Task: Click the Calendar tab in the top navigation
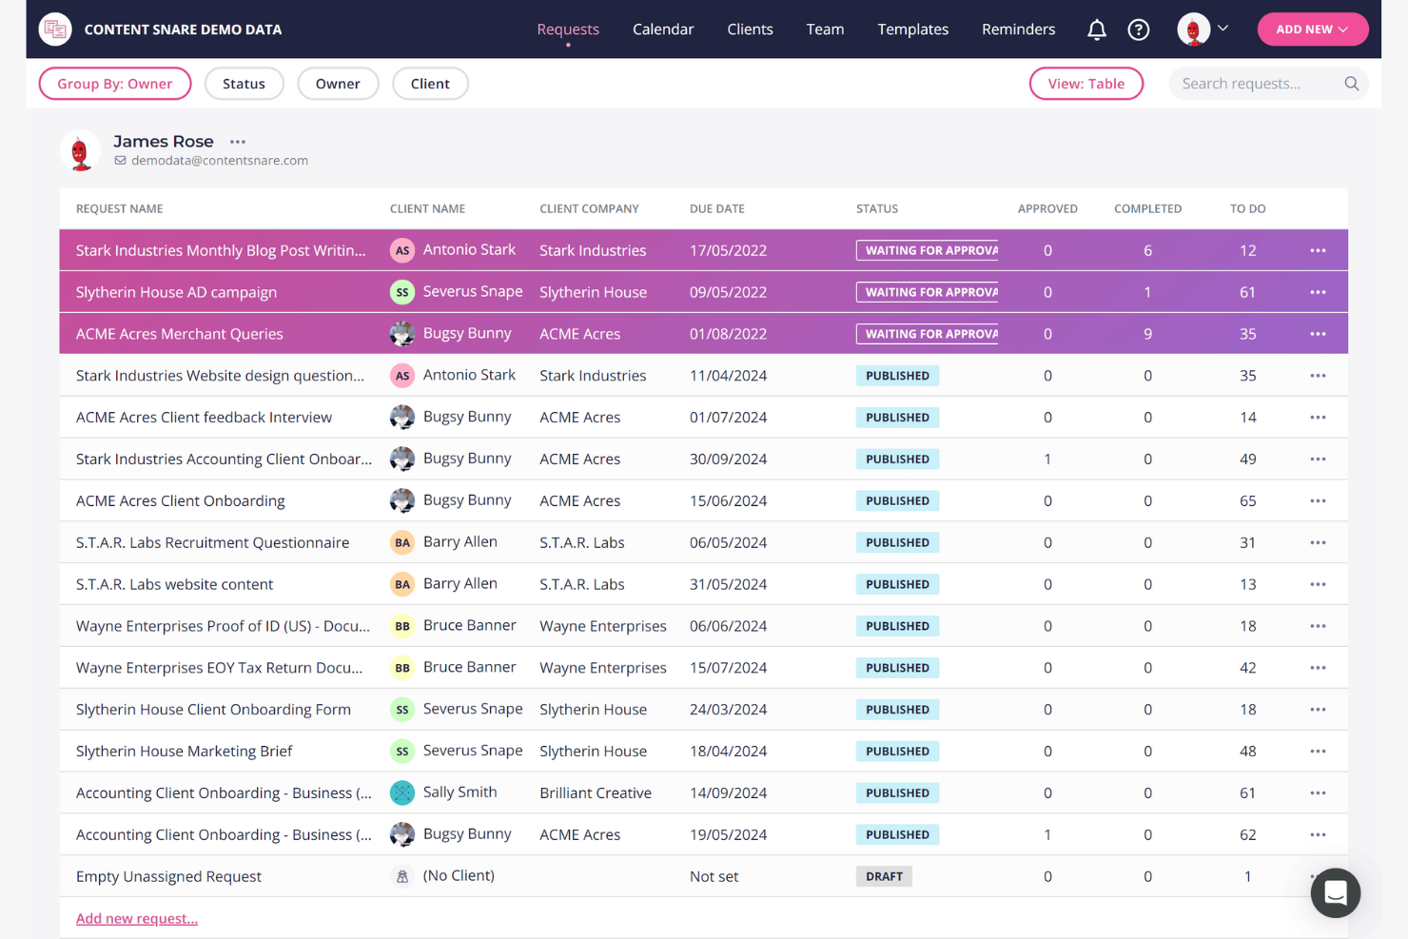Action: [662, 29]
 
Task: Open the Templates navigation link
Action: [912, 29]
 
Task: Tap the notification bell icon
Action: [1096, 30]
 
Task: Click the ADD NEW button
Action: [1312, 29]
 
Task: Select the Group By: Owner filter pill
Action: [115, 84]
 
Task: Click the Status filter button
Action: [244, 84]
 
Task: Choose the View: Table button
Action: [1085, 84]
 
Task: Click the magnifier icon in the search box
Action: [1351, 84]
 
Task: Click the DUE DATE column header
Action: [716, 208]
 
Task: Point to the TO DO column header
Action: [1247, 208]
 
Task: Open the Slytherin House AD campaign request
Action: [176, 292]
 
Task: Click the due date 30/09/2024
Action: [728, 459]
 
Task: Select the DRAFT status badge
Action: [884, 876]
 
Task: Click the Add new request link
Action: [137, 918]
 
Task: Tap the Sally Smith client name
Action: [460, 792]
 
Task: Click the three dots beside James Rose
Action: [238, 142]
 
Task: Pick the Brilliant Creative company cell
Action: [595, 792]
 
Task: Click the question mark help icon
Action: [1138, 30]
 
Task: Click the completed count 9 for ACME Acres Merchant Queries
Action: [1147, 334]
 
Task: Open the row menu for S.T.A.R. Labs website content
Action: [1317, 584]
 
